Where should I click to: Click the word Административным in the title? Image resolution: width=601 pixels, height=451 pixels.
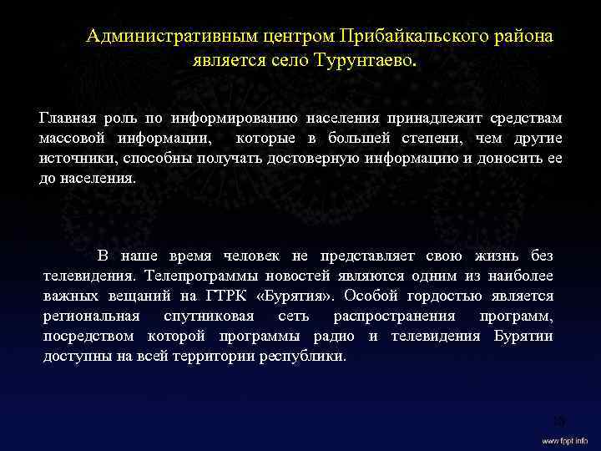pyautogui.click(x=163, y=37)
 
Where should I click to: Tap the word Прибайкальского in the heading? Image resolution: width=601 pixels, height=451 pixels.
pyautogui.click(x=400, y=37)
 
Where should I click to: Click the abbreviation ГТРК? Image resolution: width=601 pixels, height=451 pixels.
pyautogui.click(x=220, y=295)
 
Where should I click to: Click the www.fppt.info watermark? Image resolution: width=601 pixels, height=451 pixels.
pyautogui.click(x=564, y=439)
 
